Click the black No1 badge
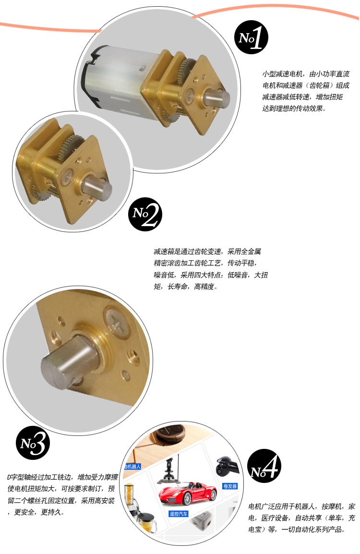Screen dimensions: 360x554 click(251, 37)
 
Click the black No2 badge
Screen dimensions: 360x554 click(145, 214)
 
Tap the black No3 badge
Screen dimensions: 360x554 click(33, 442)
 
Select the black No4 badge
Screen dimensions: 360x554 click(264, 466)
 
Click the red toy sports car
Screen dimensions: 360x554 click(188, 493)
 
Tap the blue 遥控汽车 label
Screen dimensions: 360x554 click(179, 514)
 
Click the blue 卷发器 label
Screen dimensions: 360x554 click(230, 486)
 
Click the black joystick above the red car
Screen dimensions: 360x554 click(169, 471)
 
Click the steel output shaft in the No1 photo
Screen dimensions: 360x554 click(216, 98)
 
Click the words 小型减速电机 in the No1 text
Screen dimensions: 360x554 click(282, 74)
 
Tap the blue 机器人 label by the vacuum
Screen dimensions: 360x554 click(133, 466)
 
